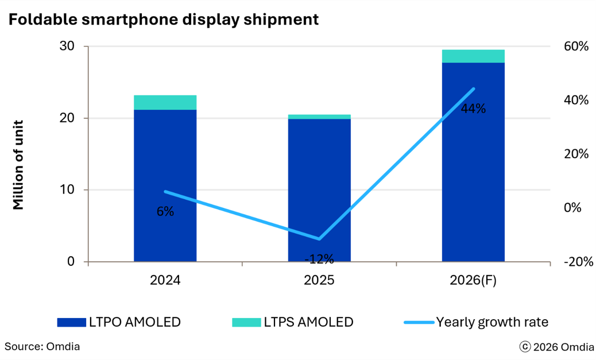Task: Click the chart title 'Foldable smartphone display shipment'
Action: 164,20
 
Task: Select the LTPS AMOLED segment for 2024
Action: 165,102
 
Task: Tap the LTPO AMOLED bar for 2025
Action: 319,190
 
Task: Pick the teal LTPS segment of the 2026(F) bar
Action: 473,56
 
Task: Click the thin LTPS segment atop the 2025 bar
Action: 319,117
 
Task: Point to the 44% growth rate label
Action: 473,109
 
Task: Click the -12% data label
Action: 319,260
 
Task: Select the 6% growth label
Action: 165,211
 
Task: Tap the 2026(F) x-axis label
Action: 473,280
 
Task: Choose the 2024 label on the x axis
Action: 165,280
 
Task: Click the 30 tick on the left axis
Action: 67,46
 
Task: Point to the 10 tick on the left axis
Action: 67,189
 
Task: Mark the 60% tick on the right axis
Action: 576,46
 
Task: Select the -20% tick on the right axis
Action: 578,262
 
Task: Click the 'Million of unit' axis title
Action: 18,165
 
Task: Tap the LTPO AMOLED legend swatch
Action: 71,322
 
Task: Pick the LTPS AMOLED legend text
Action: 309,322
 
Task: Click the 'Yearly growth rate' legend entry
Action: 476,322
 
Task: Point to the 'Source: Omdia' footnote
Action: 42,347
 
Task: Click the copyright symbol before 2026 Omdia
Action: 525,347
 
